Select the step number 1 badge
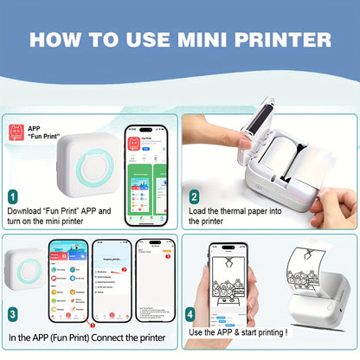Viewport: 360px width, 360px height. click(x=12, y=197)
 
